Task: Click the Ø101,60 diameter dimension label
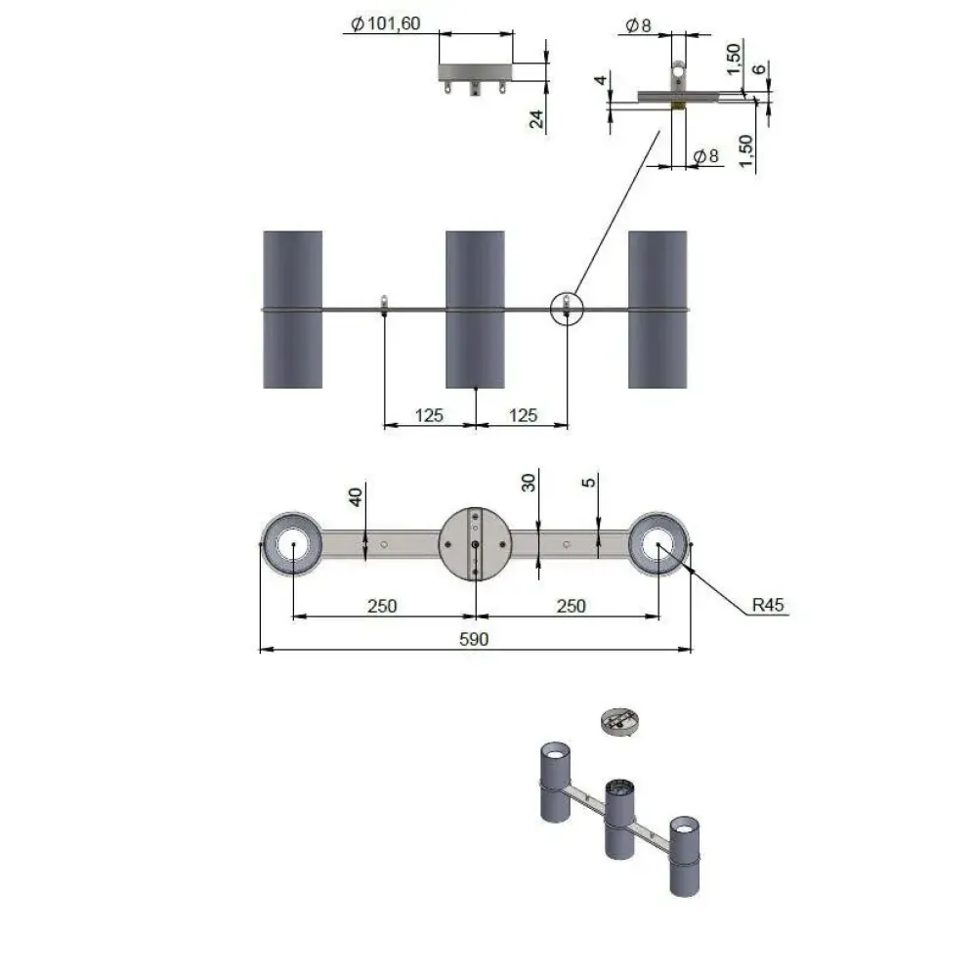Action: (386, 23)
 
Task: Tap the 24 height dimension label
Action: (536, 118)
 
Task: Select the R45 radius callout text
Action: (768, 605)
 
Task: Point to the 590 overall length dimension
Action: (474, 639)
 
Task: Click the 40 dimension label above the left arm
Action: (356, 496)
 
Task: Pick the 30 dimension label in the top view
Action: (529, 483)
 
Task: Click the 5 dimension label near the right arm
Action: (588, 483)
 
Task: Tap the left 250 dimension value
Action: (382, 606)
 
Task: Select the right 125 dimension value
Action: (523, 415)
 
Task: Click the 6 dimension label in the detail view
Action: (759, 69)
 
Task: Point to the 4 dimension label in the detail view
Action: (600, 80)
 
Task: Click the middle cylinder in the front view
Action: (475, 310)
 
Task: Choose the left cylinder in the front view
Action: (292, 310)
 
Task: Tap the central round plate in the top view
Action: (476, 544)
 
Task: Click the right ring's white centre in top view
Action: (658, 544)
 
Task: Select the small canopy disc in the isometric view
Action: (620, 722)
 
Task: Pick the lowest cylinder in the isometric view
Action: (684, 856)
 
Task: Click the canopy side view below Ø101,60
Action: (476, 78)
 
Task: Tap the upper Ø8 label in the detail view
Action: (638, 25)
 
